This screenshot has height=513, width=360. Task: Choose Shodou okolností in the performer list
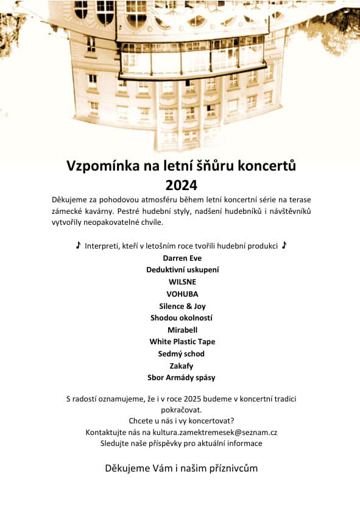[x=182, y=317]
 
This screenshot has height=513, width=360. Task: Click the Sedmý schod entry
[x=182, y=353]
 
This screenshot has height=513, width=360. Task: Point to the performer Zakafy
[x=182, y=366]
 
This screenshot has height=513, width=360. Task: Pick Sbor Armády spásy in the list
[x=182, y=378]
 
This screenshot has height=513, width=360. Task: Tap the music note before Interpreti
[x=78, y=245]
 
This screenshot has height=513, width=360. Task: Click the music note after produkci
[x=284, y=245]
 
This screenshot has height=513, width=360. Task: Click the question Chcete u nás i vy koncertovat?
[x=182, y=421]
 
